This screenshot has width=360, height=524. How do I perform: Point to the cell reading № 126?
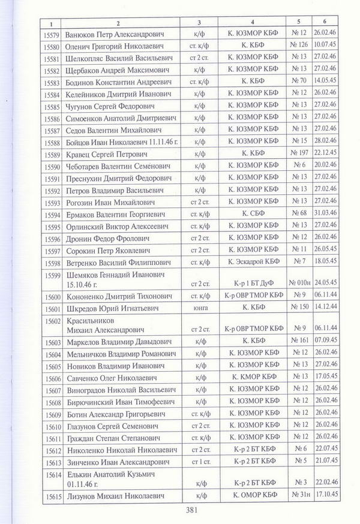point(298,46)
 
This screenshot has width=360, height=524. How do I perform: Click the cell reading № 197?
point(298,153)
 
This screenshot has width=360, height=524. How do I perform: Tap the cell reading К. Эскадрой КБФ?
point(254,262)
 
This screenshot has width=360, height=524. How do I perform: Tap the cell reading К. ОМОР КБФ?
point(254,497)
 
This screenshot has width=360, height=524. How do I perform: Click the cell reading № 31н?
point(298,497)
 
